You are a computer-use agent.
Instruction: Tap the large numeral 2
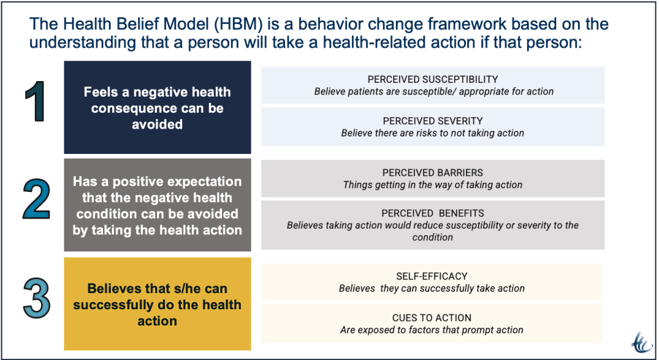point(37,198)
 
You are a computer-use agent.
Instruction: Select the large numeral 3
point(37,298)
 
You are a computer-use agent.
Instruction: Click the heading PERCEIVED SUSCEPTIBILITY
point(432,79)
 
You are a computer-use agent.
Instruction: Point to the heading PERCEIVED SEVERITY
point(432,121)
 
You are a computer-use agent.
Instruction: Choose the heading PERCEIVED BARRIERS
point(432,173)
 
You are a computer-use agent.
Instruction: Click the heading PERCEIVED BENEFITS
point(432,213)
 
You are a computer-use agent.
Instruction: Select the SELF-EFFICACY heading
point(432,276)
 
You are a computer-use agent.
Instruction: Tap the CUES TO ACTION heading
point(432,318)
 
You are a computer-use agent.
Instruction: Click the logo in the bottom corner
point(642,343)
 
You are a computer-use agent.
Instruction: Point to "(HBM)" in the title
point(238,24)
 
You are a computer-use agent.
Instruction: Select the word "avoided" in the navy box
point(157,124)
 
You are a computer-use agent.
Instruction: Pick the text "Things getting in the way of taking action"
point(432,185)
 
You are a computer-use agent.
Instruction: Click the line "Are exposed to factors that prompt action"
point(432,330)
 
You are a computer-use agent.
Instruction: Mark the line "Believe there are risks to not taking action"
point(432,133)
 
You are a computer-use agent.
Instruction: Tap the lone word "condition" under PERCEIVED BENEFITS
point(432,237)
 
